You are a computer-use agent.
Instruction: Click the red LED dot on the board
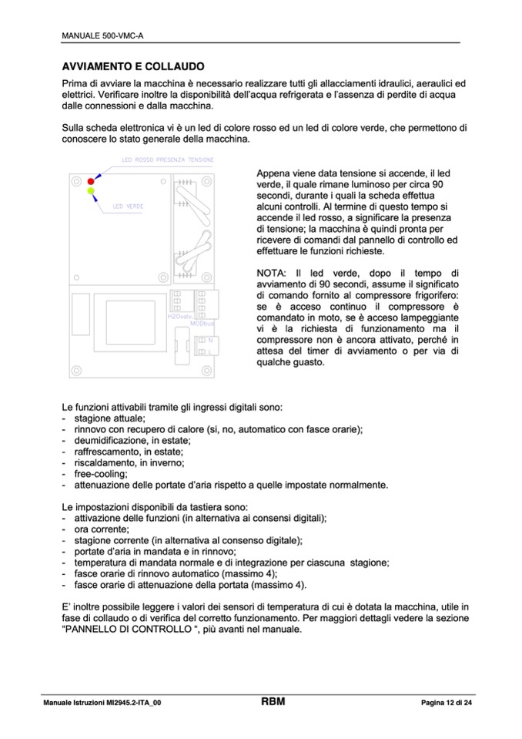[91, 180]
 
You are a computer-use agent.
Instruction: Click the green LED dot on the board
[92, 190]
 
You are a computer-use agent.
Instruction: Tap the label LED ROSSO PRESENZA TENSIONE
[168, 160]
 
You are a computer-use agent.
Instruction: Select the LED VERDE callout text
[128, 207]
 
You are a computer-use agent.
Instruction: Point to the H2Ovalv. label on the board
[179, 316]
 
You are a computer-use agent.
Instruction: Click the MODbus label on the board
[200, 324]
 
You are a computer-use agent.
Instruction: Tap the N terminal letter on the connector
[209, 339]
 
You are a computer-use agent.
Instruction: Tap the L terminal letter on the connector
[209, 351]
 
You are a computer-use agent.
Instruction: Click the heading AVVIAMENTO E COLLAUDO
[132, 67]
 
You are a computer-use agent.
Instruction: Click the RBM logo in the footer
[273, 701]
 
